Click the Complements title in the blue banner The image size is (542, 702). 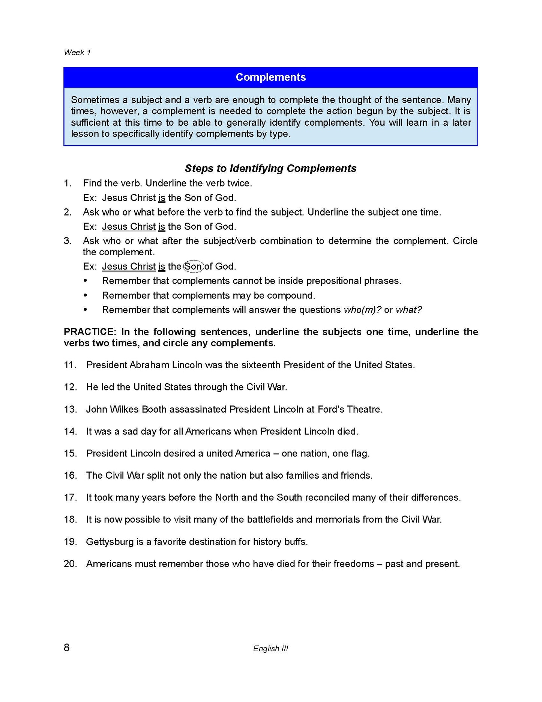click(x=270, y=77)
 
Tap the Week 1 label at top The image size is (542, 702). click(x=77, y=53)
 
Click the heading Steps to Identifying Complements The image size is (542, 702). click(x=270, y=168)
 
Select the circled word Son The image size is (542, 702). click(x=193, y=267)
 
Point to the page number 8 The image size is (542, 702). click(x=67, y=648)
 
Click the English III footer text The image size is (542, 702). click(x=270, y=648)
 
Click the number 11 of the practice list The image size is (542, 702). click(x=70, y=365)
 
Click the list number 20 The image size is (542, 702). click(x=70, y=564)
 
